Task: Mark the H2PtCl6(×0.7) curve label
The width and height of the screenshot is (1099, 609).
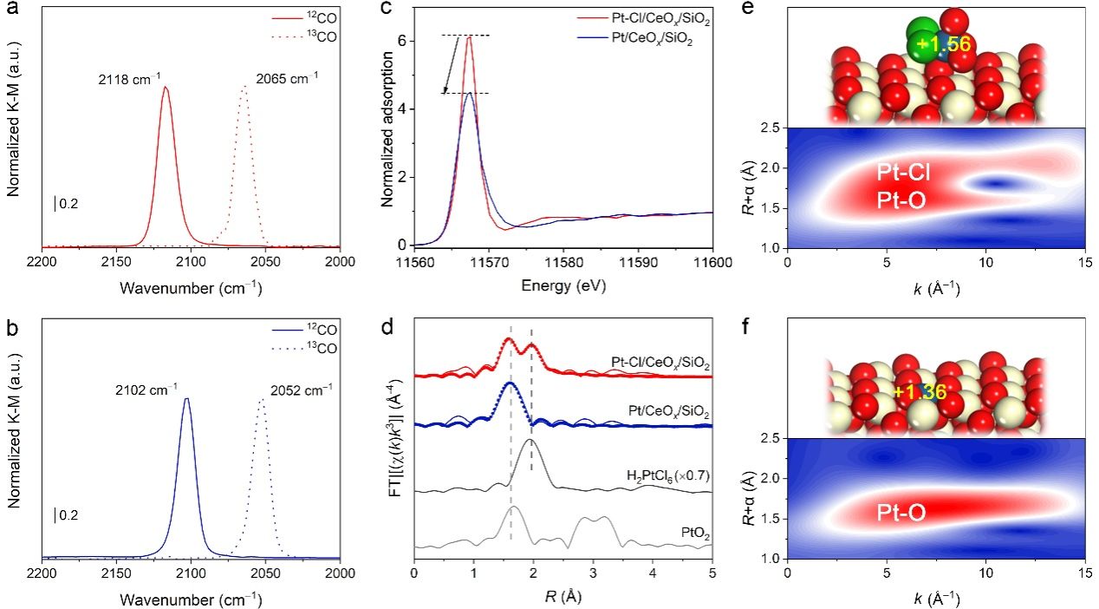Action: pyautogui.click(x=667, y=476)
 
